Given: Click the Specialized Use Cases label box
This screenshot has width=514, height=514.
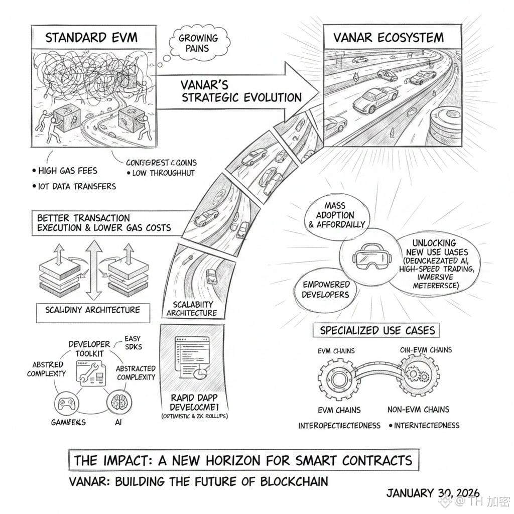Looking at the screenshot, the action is click(377, 330).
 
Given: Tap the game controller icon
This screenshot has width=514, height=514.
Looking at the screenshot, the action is click(67, 404).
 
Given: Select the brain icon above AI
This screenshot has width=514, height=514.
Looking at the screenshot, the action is click(118, 403).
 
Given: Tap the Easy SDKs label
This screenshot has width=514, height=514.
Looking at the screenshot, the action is click(133, 342).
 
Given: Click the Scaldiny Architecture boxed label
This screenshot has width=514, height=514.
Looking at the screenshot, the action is click(88, 310).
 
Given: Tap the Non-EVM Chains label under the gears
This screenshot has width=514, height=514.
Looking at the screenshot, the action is click(418, 409).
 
